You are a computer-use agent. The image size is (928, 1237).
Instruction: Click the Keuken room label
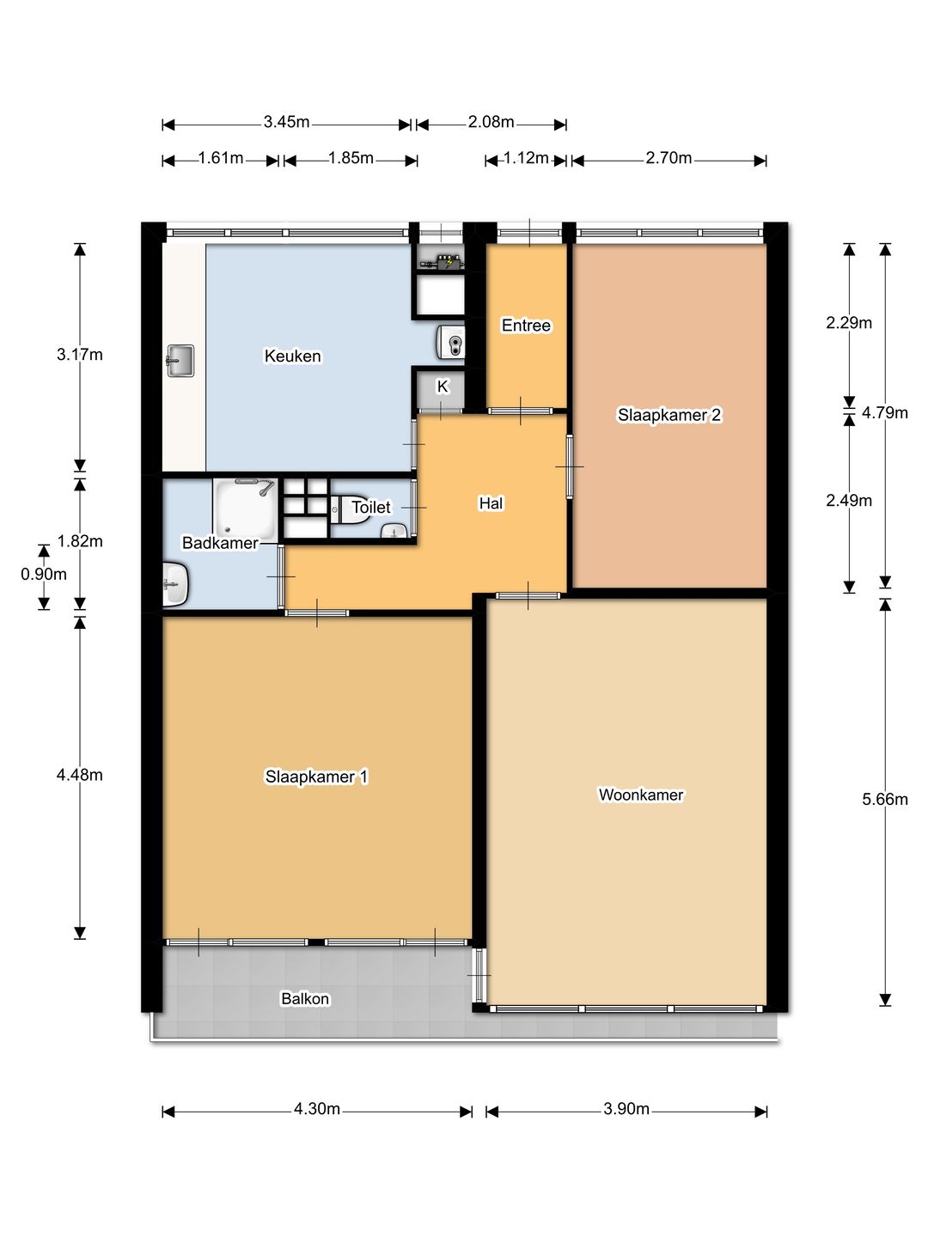292,356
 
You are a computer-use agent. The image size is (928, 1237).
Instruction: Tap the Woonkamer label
641,795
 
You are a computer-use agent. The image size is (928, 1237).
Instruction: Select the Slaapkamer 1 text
316,777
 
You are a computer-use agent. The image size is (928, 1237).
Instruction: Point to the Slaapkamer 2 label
669,415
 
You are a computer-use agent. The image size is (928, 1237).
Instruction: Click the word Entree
526,326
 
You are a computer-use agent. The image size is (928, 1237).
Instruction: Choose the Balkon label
305,998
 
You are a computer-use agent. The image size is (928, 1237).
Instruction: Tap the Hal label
491,503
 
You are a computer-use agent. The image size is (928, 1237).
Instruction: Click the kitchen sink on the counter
180,360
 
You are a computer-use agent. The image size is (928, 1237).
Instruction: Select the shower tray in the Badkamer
246,509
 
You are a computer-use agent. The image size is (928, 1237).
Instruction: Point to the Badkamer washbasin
175,583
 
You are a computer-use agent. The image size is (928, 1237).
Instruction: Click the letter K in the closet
443,387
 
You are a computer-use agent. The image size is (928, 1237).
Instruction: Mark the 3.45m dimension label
286,122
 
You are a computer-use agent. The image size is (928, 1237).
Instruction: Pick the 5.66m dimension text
885,799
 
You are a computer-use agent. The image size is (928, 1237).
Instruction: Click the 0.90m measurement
43,574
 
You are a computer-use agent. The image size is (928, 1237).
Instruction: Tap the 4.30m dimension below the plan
317,1108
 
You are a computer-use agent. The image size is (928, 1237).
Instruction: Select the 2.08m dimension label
491,122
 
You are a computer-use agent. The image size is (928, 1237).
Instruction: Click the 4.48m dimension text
79,775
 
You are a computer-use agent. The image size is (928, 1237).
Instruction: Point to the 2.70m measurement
669,158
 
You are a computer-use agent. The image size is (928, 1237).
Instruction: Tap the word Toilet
370,507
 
